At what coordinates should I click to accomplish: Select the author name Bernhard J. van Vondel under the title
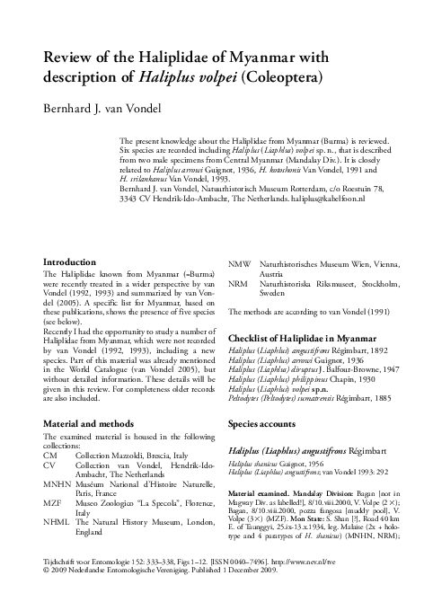[x=110, y=108]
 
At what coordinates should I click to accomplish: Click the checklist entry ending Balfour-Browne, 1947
[x=312, y=369]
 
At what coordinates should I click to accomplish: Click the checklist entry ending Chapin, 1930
[x=296, y=380]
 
